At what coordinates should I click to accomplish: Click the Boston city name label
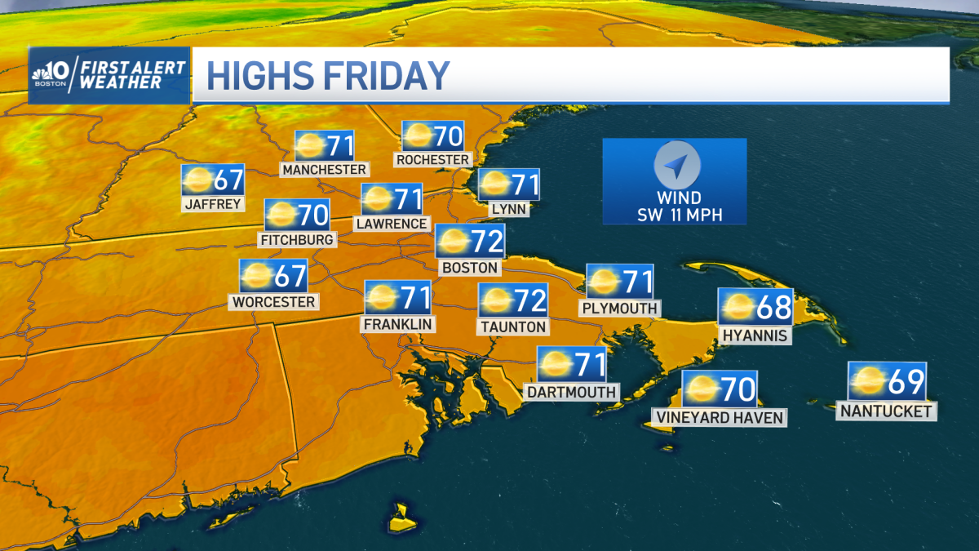pos(469,267)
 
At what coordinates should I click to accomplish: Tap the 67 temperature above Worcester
pos(290,276)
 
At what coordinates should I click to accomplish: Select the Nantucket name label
pos(886,411)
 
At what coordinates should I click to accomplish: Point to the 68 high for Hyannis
pos(773,307)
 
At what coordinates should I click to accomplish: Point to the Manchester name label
pos(324,169)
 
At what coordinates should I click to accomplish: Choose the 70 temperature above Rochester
pos(447,136)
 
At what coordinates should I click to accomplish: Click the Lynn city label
pos(508,209)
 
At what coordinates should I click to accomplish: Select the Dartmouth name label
pos(571,392)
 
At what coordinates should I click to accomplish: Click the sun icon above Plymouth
pos(605,282)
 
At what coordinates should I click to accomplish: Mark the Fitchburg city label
pos(297,240)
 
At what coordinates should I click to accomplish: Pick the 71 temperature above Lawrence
pos(407,198)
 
